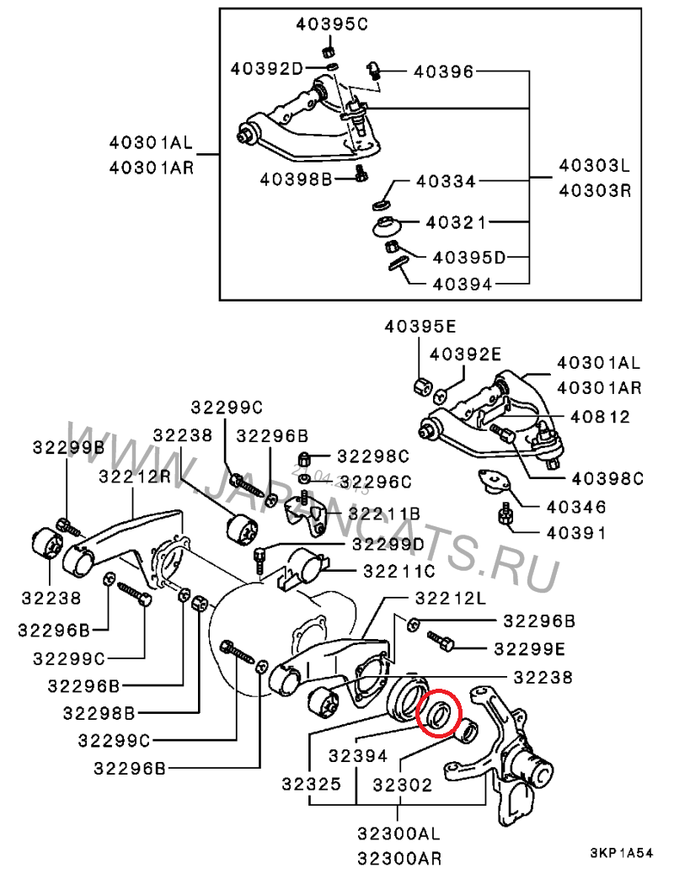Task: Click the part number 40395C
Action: click(332, 24)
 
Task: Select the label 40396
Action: click(443, 72)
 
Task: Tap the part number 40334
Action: click(446, 182)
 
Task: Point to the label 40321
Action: click(456, 222)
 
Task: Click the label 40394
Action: click(462, 285)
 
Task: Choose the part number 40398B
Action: click(296, 179)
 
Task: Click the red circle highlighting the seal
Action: click(440, 712)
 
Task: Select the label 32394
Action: click(358, 756)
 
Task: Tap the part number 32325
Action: click(311, 784)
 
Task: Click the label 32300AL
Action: click(399, 834)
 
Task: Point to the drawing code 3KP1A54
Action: click(621, 854)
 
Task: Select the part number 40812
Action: click(600, 417)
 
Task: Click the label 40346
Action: click(576, 508)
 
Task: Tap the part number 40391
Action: click(576, 533)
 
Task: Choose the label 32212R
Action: click(135, 477)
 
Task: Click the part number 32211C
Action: click(399, 572)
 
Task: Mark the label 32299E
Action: click(530, 649)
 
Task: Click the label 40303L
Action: click(594, 166)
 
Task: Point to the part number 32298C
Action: click(373, 457)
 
